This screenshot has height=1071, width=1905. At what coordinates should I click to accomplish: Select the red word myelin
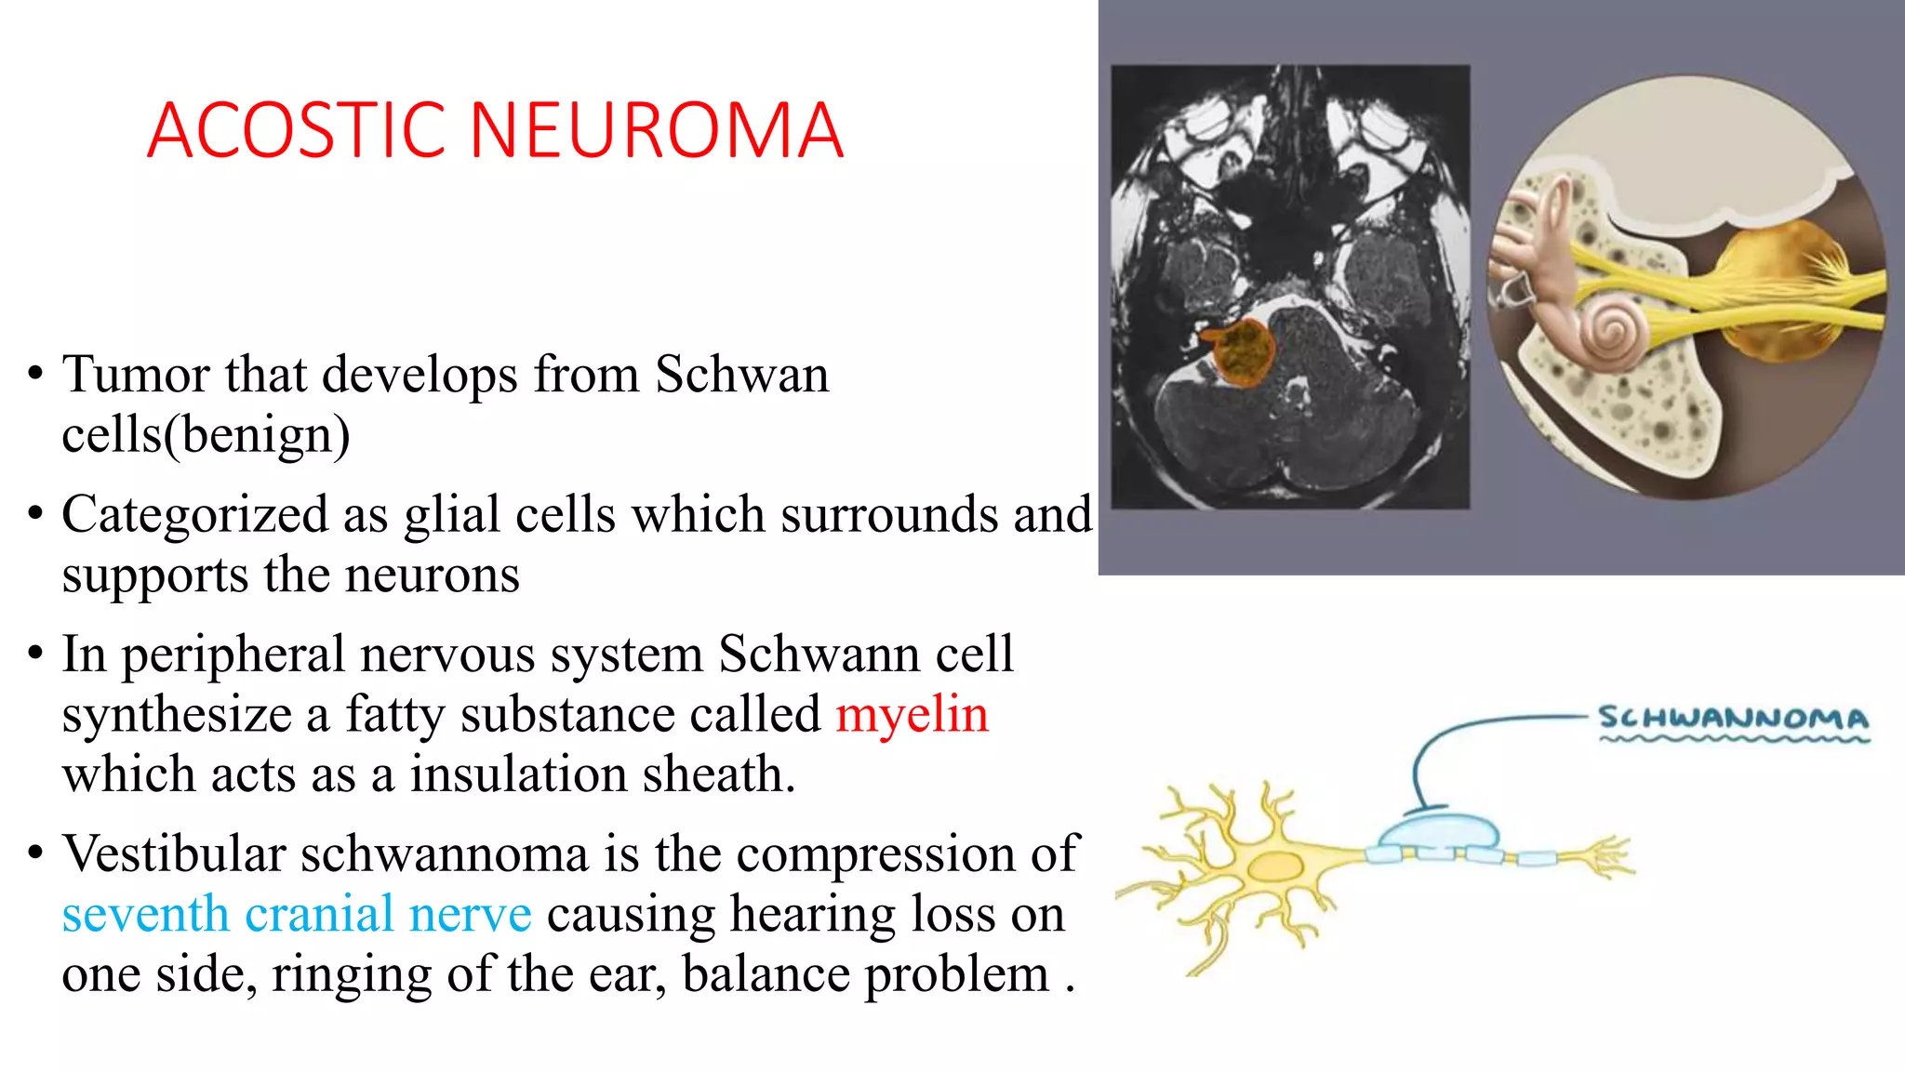[912, 715]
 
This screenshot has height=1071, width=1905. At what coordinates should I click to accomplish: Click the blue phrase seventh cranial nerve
[297, 915]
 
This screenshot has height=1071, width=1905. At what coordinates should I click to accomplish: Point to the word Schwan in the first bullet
[741, 375]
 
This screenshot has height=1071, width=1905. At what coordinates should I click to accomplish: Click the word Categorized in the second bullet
[194, 515]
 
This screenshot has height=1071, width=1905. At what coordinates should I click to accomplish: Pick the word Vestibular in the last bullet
[173, 853]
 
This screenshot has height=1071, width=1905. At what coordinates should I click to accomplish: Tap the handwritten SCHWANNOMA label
[1733, 719]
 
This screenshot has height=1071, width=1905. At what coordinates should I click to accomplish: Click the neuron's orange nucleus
[1273, 867]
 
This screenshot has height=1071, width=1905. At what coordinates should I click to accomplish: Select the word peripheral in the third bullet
[233, 654]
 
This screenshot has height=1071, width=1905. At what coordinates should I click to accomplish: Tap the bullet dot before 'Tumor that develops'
[35, 376]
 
